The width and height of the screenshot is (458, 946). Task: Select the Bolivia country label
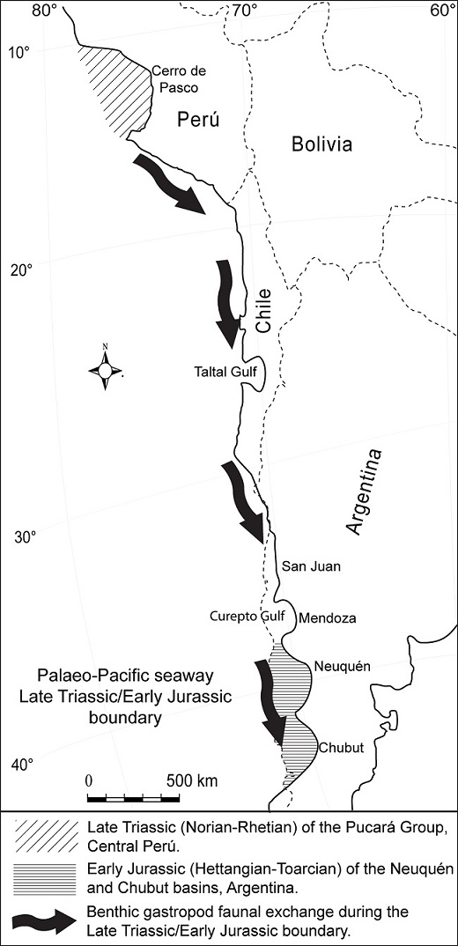click(x=321, y=144)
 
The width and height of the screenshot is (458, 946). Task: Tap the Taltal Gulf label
click(x=225, y=373)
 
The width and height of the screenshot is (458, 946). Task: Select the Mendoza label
click(x=328, y=618)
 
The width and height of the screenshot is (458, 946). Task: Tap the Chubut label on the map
click(x=340, y=747)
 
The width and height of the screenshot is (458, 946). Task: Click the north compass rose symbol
click(x=105, y=371)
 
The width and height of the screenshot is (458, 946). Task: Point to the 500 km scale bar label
click(x=191, y=781)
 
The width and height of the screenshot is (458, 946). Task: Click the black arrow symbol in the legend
click(x=45, y=918)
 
